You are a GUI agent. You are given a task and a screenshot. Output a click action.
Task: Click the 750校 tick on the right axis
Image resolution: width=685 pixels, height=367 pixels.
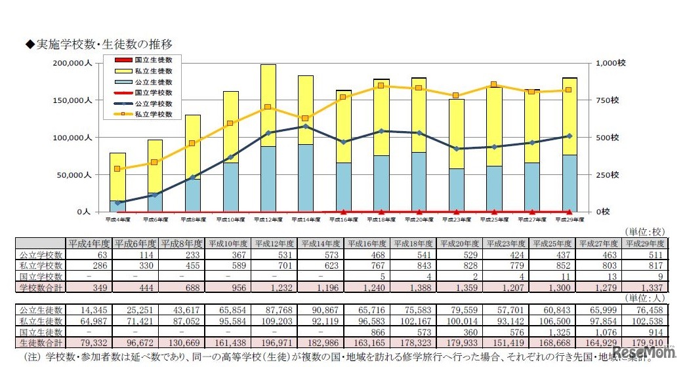[x=607, y=100]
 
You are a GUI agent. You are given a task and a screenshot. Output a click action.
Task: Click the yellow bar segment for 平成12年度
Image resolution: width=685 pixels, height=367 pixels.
[x=268, y=105]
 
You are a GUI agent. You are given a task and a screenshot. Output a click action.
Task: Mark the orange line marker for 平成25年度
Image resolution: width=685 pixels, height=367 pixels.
[x=494, y=85]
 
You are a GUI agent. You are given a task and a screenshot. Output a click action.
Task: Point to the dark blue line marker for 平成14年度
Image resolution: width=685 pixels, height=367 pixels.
[x=306, y=126]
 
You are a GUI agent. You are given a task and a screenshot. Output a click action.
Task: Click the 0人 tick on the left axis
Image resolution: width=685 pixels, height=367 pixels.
[x=82, y=212]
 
